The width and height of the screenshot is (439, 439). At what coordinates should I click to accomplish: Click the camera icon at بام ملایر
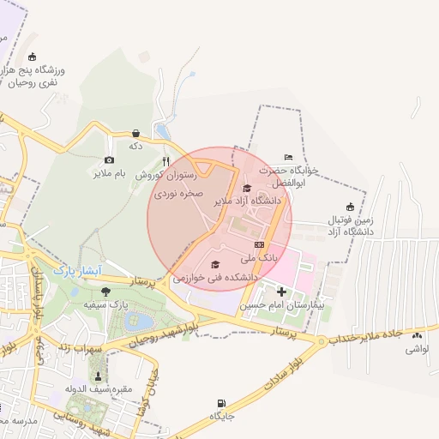109,160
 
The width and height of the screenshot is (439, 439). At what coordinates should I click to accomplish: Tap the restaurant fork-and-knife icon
166,160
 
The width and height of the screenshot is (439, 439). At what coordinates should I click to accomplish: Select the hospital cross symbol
281,292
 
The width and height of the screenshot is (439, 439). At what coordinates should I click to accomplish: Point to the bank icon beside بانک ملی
260,245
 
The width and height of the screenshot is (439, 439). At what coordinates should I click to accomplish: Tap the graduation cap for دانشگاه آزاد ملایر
248,188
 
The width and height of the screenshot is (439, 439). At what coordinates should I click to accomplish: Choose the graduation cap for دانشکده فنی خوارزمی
214,264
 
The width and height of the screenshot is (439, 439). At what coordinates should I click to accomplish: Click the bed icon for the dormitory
288,158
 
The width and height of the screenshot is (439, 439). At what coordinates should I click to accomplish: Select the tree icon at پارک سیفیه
105,292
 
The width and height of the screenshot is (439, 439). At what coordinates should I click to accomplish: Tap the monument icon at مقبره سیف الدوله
99,376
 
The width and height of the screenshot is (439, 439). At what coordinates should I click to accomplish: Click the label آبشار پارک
78,271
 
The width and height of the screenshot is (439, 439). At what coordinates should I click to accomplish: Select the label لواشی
417,349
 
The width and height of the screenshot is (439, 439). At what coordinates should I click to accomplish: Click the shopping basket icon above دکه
135,133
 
